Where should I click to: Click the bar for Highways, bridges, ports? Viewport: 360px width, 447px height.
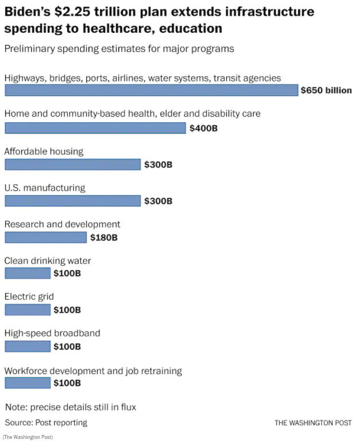point(152,90)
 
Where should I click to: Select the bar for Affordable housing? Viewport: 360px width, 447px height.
point(73,164)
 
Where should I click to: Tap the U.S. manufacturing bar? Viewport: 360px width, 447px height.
point(73,201)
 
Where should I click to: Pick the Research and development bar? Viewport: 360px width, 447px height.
point(46,237)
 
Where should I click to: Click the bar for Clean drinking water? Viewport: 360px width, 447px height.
point(28,273)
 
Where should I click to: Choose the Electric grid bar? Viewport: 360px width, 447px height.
point(28,310)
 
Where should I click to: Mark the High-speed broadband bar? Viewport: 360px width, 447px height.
point(28,346)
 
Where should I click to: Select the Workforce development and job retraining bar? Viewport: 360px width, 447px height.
point(28,383)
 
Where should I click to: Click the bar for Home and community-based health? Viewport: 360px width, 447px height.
point(95,128)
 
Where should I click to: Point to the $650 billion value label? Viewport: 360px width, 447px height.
point(326,90)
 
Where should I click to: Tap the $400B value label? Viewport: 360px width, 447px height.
point(204,128)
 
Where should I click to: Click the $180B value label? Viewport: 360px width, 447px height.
point(104,237)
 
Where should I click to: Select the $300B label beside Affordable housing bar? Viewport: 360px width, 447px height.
point(158,165)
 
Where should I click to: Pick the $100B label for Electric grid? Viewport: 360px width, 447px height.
point(67,310)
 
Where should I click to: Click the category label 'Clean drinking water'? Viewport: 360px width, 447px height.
point(48,261)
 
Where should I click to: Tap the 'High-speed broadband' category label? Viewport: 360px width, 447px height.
point(52,333)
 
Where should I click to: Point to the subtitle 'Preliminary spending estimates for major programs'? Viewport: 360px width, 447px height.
point(119,49)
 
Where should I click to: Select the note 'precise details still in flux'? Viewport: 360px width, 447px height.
point(71,407)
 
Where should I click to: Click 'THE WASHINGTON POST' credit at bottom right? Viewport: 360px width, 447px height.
point(313,423)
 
